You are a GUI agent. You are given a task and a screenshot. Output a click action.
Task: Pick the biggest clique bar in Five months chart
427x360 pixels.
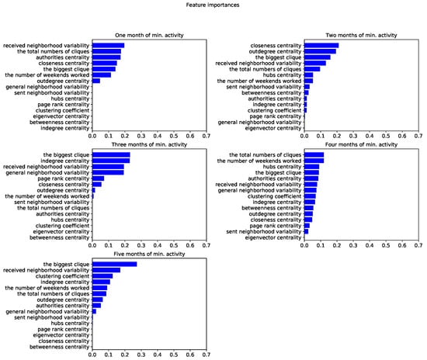click(114, 265)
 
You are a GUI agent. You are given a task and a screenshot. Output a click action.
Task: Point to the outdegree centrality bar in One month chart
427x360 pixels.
click(95, 81)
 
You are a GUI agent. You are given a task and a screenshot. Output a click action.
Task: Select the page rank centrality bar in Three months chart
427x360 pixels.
click(98, 178)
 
